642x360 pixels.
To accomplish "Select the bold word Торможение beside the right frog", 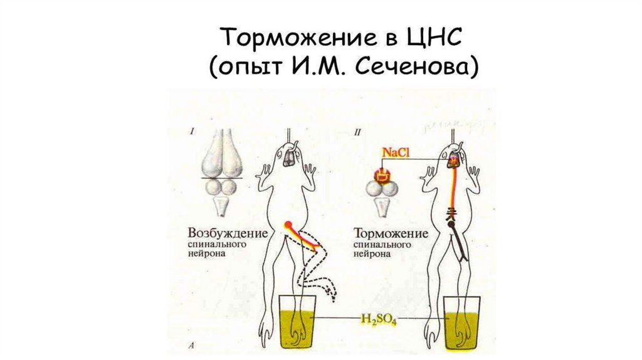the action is pyautogui.click(x=391, y=233).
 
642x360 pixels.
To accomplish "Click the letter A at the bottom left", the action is pyautogui.click(x=191, y=345).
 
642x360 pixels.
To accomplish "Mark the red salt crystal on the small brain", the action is pyautogui.click(x=380, y=176).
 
